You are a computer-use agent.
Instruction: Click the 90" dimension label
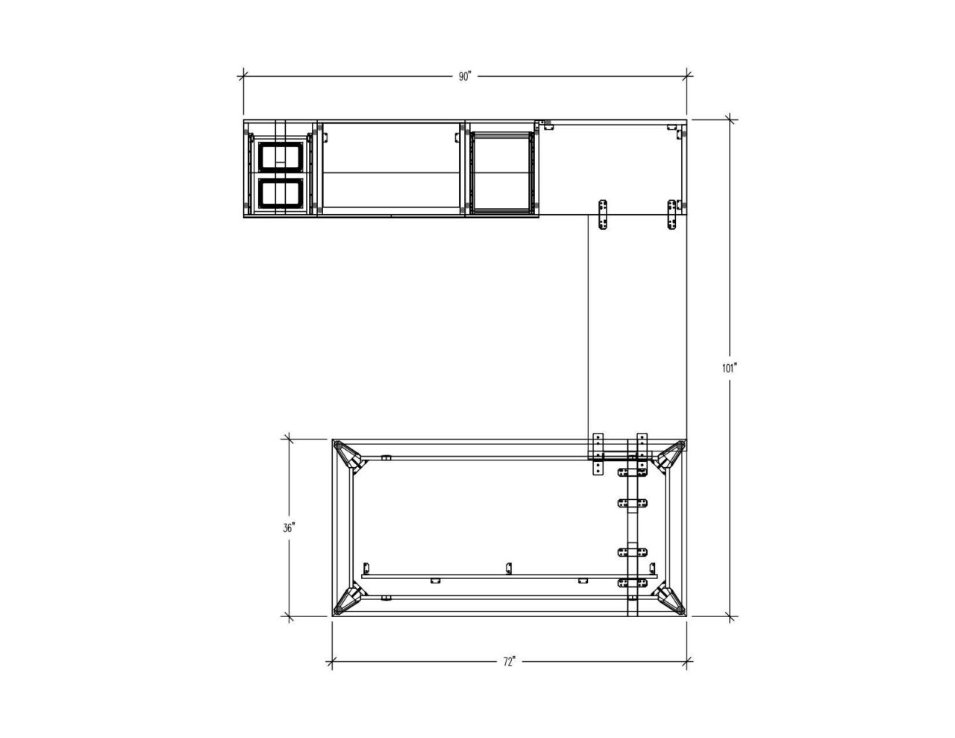click(465, 76)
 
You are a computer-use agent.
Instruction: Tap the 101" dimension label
click(729, 367)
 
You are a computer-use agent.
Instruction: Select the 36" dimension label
click(289, 528)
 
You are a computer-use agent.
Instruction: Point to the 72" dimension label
click(509, 661)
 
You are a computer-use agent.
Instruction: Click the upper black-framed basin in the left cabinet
click(281, 156)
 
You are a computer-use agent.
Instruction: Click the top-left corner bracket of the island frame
click(348, 455)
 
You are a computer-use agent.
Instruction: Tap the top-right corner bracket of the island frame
click(671, 455)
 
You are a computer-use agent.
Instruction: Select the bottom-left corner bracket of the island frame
click(348, 601)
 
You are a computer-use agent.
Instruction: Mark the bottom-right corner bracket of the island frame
click(671, 601)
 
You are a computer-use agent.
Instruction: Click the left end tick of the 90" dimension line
click(242, 75)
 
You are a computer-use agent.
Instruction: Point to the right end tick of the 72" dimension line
click(687, 660)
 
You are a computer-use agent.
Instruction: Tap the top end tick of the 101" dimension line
click(730, 119)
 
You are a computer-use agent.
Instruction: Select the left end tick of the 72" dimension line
click(331, 660)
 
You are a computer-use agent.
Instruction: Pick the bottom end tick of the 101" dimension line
click(730, 617)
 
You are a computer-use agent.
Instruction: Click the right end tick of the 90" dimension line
click(687, 75)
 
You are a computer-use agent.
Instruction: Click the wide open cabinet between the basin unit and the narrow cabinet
click(392, 169)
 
